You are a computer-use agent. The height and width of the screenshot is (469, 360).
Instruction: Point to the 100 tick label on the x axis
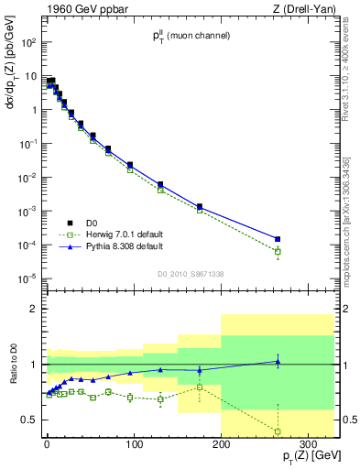point(134,436)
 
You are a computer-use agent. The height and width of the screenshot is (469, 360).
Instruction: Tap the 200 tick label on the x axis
point(221,436)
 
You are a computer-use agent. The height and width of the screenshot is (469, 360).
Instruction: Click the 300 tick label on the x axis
point(308,436)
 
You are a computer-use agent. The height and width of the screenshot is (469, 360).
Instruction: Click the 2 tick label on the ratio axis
point(32,309)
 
